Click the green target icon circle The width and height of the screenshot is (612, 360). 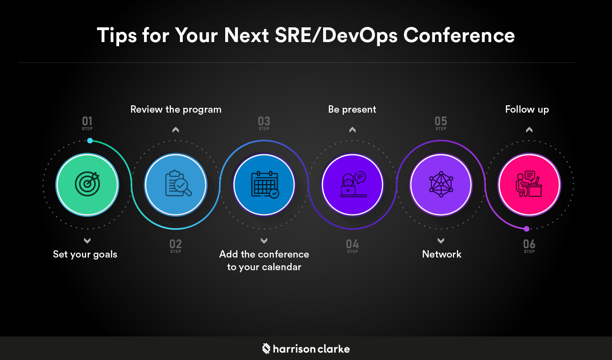coord(87,184)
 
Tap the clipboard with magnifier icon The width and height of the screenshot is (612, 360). coord(176,184)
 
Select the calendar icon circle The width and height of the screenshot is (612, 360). coord(264,184)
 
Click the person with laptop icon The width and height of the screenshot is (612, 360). coord(353,184)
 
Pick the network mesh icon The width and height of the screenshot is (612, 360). coord(441,184)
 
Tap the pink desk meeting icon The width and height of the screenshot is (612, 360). coord(529,184)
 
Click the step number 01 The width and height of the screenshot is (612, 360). coord(87,121)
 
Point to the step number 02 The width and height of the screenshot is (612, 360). coord(176,244)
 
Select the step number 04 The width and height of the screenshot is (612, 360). coord(353,244)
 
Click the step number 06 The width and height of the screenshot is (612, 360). coord(529,244)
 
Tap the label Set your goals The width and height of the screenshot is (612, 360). coord(85,254)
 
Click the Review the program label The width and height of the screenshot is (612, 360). coord(176,109)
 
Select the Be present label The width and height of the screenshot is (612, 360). coord(352,109)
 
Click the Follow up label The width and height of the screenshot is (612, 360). coord(527,109)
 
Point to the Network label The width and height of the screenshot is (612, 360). coord(441,254)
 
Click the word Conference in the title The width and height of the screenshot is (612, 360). coord(459,35)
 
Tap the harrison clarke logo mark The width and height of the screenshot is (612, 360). coord(266,349)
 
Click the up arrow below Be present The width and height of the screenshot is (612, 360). coord(353,130)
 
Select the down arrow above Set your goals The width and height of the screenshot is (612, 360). coord(87,241)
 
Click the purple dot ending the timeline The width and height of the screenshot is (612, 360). coord(527,229)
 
